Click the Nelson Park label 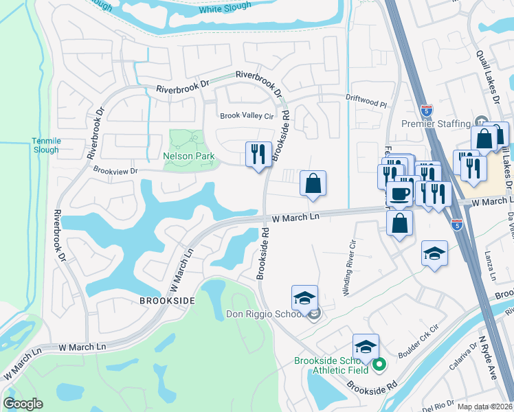(189, 156)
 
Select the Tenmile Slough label (46, 146)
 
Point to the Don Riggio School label (264, 314)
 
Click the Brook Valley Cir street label (247, 116)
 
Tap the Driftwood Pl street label (367, 98)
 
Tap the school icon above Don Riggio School (304, 297)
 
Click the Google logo (23, 404)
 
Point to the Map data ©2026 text (485, 407)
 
